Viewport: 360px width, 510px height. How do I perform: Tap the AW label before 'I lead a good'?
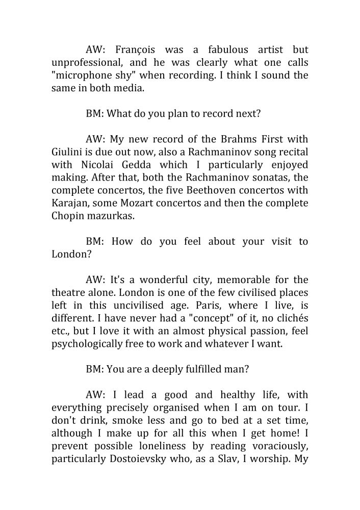tap(95, 395)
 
